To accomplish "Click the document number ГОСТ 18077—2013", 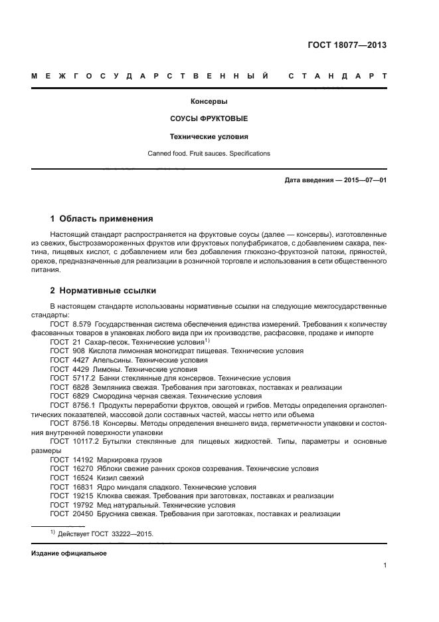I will (347, 46).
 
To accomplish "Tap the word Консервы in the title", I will (209, 102).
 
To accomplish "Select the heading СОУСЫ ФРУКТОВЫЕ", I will (209, 119).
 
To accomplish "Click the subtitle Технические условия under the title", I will (209, 136).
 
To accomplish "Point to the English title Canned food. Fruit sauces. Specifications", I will (209, 154).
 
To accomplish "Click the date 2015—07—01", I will (364, 180).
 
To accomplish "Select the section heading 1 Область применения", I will (102, 218).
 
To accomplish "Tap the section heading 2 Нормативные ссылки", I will (103, 290).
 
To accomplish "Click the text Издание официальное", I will (68, 553).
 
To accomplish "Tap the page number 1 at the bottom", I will (385, 566).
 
